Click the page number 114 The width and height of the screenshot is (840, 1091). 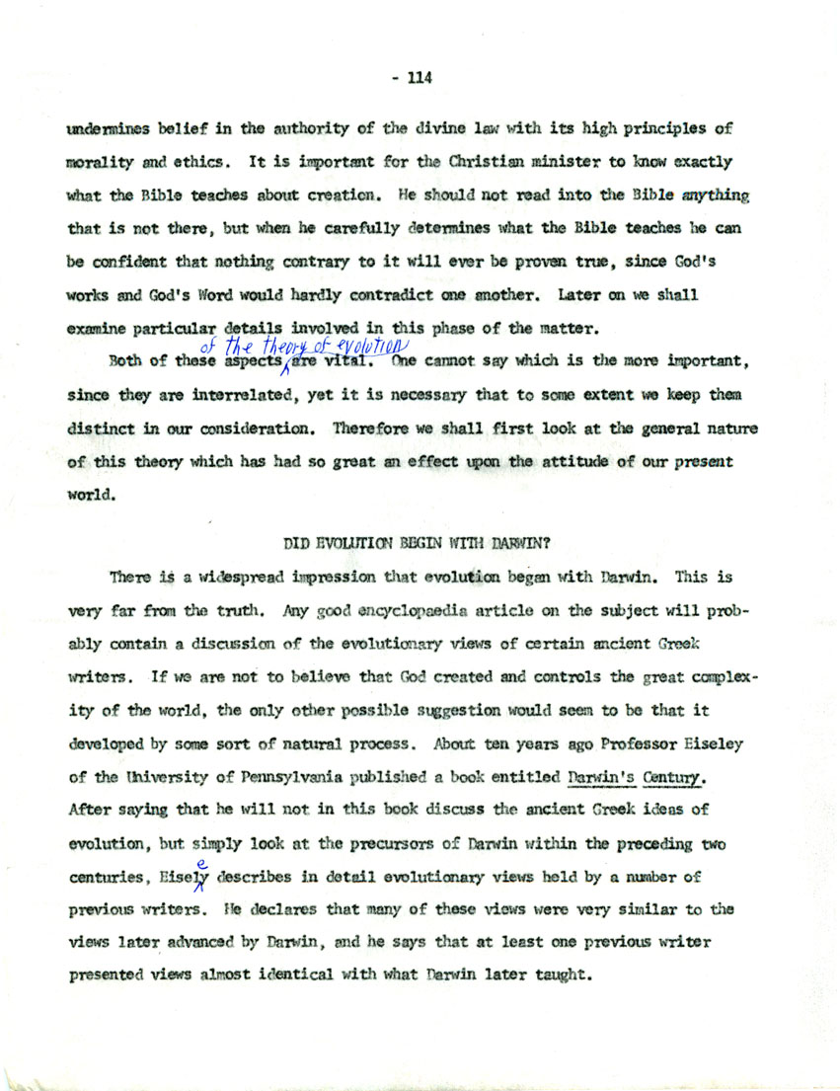coord(418,76)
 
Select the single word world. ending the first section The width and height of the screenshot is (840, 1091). coord(89,499)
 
